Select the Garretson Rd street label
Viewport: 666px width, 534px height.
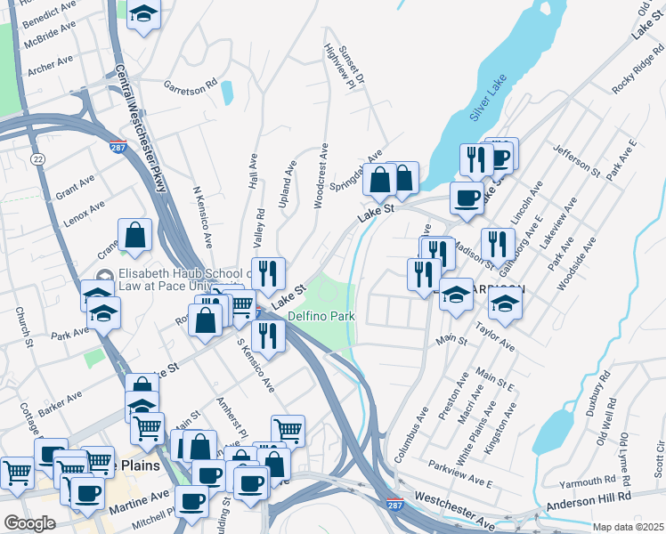[x=190, y=86]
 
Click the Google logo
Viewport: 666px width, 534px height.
[x=29, y=522]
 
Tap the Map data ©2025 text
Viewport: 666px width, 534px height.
[x=628, y=527]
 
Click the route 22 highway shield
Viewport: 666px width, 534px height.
[x=37, y=158]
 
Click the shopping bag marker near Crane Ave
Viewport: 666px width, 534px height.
[x=134, y=236]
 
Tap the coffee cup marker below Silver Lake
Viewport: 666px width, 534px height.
[x=467, y=199]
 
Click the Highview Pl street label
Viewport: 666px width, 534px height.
[x=345, y=67]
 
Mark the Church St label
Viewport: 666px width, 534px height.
[x=24, y=328]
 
